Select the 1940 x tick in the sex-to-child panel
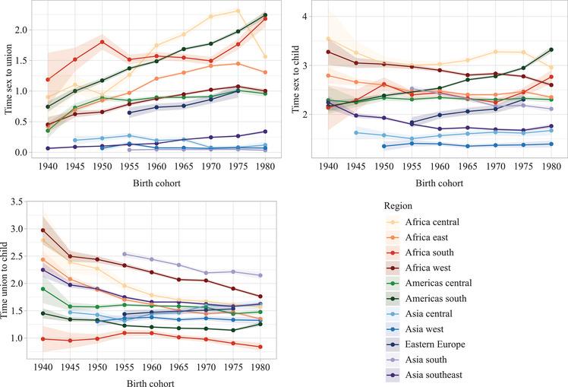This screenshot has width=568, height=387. pos(328,165)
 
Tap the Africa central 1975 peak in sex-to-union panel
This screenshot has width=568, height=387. pos(238,11)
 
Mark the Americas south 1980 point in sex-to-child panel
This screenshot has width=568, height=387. pos(551,49)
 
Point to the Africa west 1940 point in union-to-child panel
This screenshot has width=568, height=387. pos(43,230)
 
